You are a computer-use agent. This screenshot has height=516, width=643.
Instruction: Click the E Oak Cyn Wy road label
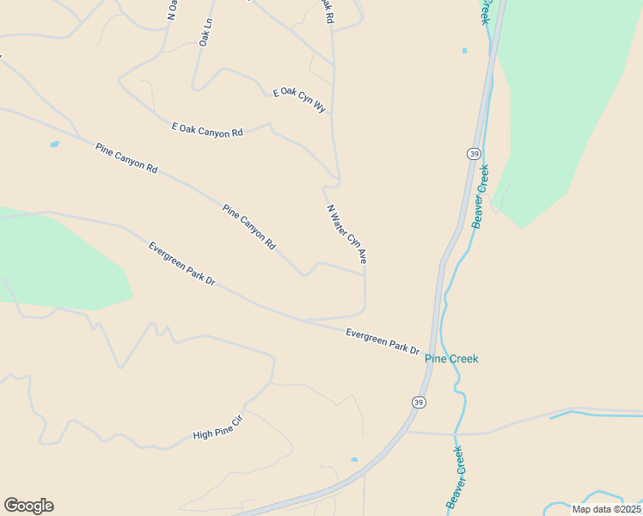click(300, 100)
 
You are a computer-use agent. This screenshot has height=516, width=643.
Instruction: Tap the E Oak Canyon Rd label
click(208, 130)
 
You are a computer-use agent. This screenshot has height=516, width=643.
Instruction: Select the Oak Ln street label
click(205, 33)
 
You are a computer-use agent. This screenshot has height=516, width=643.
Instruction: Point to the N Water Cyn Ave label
click(346, 232)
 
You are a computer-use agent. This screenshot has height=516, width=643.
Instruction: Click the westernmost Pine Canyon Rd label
click(127, 158)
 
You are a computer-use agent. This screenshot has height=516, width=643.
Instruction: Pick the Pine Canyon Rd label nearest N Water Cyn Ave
click(248, 226)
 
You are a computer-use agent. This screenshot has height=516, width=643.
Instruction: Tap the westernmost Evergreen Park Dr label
click(181, 264)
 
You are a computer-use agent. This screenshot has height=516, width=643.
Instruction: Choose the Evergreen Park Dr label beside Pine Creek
click(382, 341)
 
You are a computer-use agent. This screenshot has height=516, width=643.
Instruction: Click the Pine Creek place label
click(451, 359)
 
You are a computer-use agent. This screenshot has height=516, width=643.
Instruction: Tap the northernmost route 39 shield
click(475, 153)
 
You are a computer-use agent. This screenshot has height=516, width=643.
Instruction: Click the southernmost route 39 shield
click(418, 402)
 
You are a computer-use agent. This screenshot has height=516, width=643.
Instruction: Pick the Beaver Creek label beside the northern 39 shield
click(481, 195)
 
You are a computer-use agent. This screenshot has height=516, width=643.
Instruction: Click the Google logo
click(28, 506)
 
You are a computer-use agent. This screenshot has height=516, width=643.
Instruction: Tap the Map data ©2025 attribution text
click(606, 509)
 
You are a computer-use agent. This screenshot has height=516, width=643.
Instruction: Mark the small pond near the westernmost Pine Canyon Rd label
click(55, 144)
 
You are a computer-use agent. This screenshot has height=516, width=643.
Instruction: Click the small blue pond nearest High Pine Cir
click(354, 459)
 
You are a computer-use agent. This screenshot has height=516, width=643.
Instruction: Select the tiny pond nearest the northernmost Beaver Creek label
click(464, 51)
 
